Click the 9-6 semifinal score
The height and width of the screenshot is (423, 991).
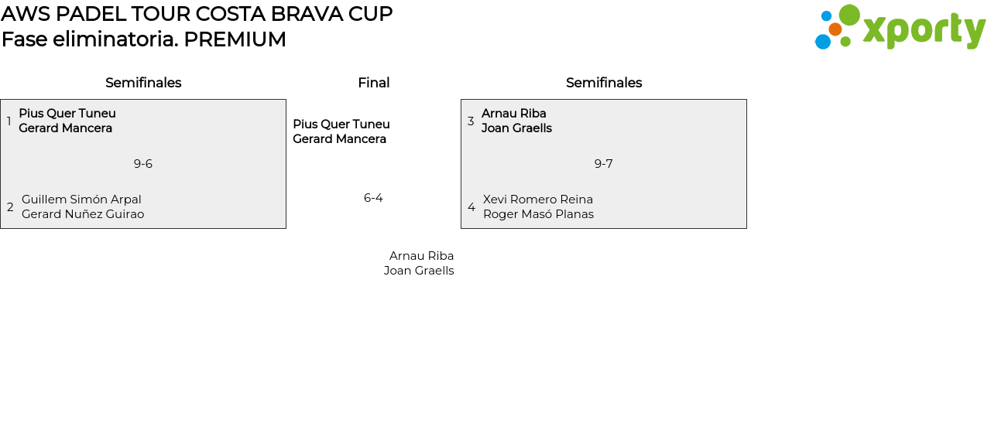[x=143, y=164]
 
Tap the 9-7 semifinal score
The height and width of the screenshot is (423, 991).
[x=603, y=164]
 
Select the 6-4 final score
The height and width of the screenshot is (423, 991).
[x=373, y=197]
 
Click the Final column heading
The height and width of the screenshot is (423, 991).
[x=374, y=83]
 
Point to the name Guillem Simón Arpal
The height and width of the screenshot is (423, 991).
[x=81, y=200]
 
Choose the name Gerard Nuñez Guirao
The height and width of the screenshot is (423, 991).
[x=83, y=214]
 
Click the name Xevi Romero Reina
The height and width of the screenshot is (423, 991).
[x=538, y=200]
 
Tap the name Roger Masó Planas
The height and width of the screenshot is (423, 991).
[x=538, y=214]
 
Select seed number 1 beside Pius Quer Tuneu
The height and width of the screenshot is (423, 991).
[x=9, y=121]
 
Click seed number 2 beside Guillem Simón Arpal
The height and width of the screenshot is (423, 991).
[x=10, y=206]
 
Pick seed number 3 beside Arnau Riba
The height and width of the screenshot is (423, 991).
[x=471, y=121]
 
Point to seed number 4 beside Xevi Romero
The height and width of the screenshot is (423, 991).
[x=471, y=206]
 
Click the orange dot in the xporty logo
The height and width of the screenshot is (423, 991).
[x=835, y=29]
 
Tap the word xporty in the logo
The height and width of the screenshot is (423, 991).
[x=924, y=31]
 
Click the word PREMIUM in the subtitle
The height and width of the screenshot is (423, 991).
[x=235, y=39]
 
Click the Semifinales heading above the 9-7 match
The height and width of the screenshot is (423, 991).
[x=604, y=83]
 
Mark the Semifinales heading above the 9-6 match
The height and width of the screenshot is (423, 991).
[x=143, y=83]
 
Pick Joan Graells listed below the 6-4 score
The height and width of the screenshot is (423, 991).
[x=419, y=271]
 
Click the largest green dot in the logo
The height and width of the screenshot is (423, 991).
[x=849, y=15]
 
